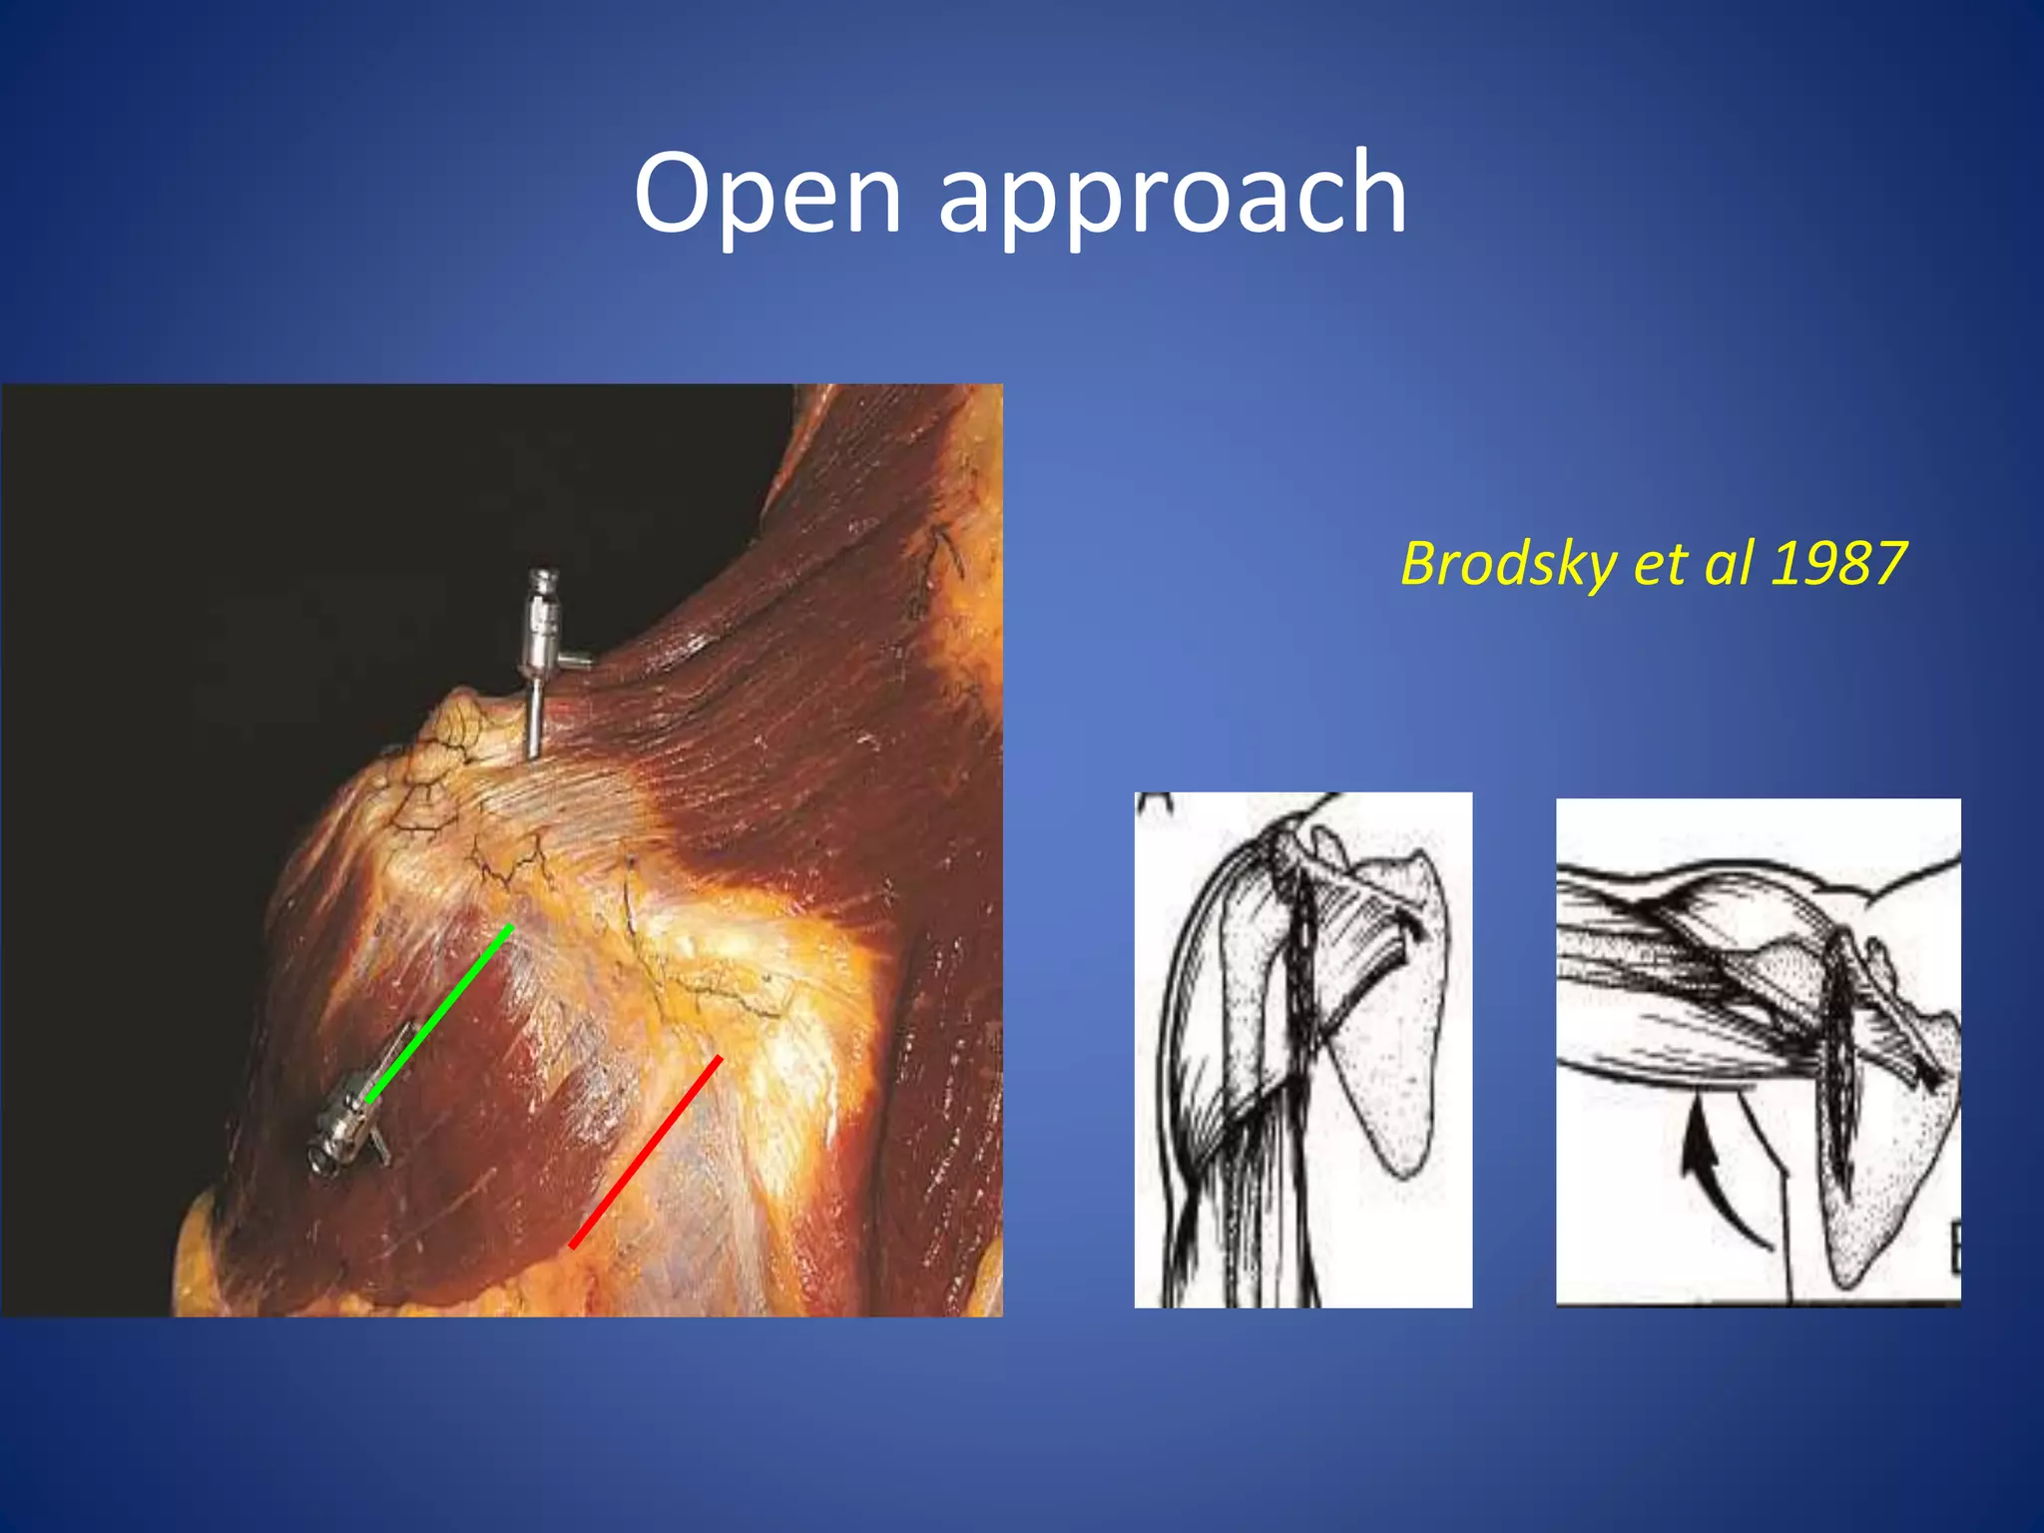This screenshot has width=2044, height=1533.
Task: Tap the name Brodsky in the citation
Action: [x=1508, y=563]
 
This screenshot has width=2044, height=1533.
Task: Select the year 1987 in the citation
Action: [x=1838, y=563]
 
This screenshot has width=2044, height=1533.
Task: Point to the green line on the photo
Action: [x=439, y=1013]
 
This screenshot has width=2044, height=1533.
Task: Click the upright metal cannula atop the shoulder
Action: [x=538, y=659]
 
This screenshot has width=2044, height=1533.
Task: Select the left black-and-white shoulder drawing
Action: [x=1302, y=1048]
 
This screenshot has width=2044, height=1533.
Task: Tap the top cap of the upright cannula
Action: [x=542, y=579]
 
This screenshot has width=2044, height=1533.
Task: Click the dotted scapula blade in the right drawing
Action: [x=1876, y=1178]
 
